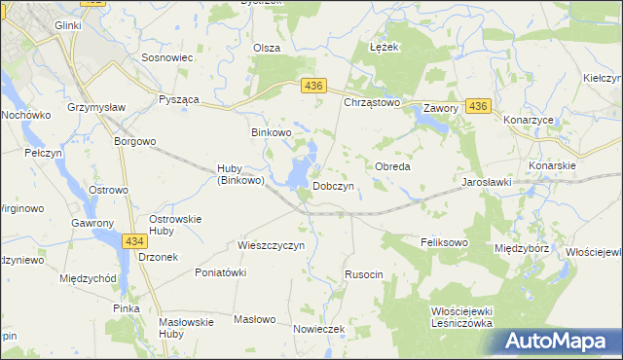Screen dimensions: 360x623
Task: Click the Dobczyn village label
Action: [332, 185]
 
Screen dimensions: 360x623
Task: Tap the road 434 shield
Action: [135, 239]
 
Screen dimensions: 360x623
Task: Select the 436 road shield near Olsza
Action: [312, 87]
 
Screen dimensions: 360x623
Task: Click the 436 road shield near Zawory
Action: [477, 105]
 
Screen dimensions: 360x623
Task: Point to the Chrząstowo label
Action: [372, 101]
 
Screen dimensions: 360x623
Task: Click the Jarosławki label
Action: [487, 182]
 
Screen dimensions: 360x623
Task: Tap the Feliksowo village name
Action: [444, 240]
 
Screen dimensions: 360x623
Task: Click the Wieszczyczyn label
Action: [272, 245]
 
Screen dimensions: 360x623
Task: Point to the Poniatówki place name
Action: [220, 273]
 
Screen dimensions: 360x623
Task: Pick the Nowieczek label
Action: [319, 329]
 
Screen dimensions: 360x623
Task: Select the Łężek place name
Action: [383, 46]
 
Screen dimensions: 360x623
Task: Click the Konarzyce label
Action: [530, 120]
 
